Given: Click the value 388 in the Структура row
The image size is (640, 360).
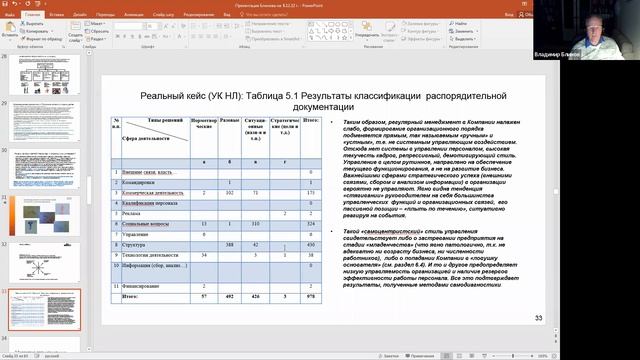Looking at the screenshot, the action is [229, 244].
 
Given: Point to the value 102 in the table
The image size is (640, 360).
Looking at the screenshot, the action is [229, 192].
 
